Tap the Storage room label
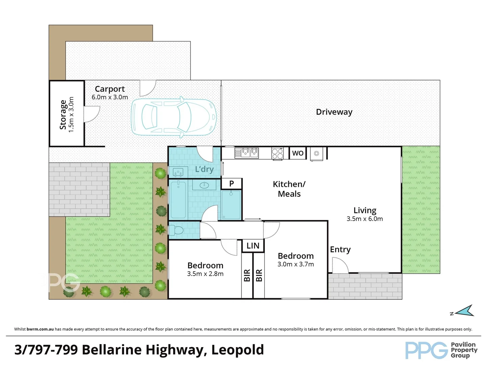(63, 115)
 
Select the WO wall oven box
(298, 153)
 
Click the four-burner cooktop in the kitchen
(277, 153)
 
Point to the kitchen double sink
(247, 153)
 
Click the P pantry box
(232, 184)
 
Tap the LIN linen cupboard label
(253, 246)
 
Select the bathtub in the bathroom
(178, 199)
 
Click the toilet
(176, 230)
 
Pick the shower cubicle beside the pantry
(231, 204)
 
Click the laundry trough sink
(178, 172)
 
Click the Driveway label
(334, 112)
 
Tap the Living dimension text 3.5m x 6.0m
(365, 219)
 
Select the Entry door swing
(340, 265)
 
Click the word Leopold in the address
(237, 350)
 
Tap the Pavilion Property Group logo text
(464, 350)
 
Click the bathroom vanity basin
(205, 185)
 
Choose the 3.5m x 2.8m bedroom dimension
(205, 274)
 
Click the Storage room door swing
(91, 114)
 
